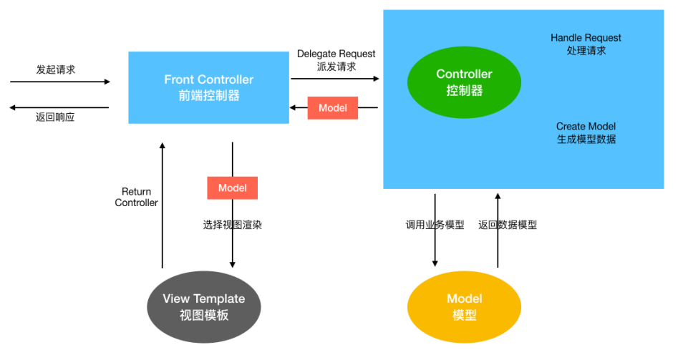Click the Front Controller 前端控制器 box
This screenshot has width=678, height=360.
[x=208, y=87]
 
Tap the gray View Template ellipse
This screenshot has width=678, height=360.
[x=203, y=306]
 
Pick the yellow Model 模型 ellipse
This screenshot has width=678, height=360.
[x=464, y=306]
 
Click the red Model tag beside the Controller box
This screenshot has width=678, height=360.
[x=332, y=108]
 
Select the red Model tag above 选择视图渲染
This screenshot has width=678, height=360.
[x=232, y=188]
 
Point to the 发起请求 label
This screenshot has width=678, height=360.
[x=56, y=69]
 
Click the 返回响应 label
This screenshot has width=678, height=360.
[x=56, y=117]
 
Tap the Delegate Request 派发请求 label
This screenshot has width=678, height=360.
[x=336, y=60]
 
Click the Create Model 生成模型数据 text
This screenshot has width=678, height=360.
[x=586, y=133]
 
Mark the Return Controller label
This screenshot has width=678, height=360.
[x=136, y=197]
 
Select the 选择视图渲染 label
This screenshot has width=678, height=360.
[x=232, y=225]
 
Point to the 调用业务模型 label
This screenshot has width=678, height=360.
[x=435, y=225]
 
